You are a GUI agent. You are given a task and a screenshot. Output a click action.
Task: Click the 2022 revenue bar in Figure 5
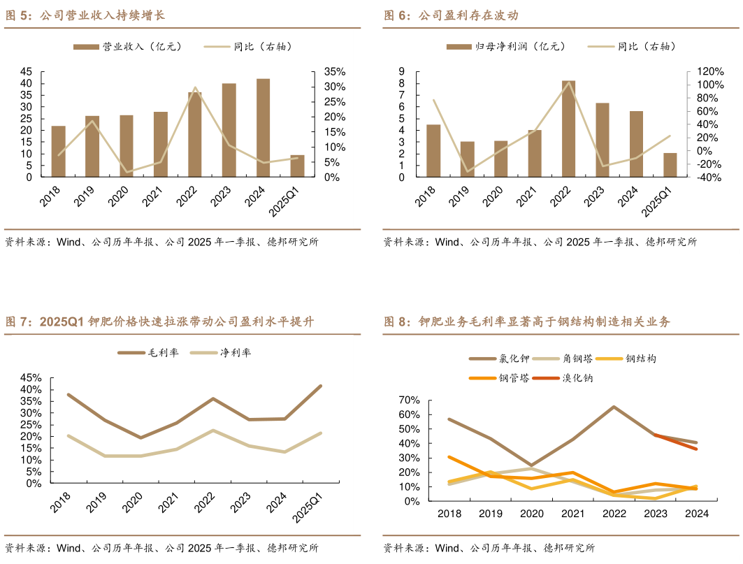tap(194, 135)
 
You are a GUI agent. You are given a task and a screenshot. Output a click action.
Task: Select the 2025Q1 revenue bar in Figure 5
tap(297, 166)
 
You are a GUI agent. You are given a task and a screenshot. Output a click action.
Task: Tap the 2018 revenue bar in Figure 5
tap(59, 152)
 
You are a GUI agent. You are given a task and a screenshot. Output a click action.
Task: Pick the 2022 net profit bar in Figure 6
tap(569, 129)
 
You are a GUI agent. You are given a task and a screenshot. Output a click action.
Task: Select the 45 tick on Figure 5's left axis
tap(26, 72)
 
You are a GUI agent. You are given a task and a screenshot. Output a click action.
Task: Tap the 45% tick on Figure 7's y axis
tap(31, 389)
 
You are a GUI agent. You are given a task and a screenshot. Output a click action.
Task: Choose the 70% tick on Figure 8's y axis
tap(410, 400)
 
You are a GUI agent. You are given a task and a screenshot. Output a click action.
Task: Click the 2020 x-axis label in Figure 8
tap(531, 513)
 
